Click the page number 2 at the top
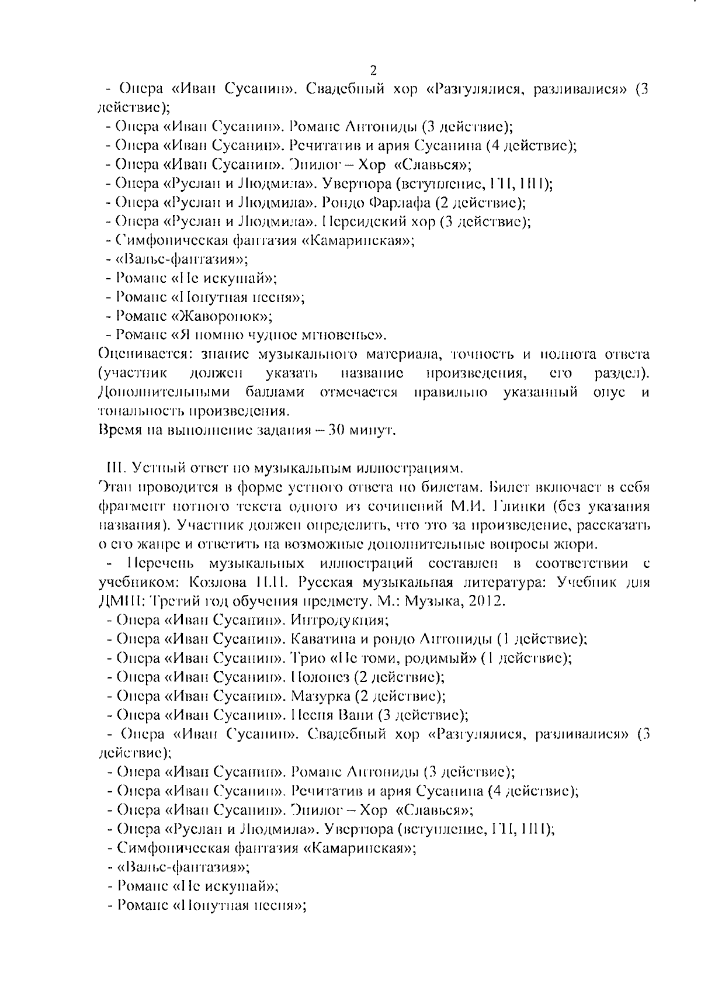click(x=373, y=71)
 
